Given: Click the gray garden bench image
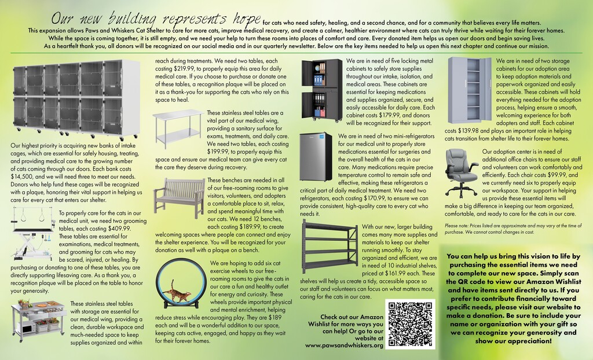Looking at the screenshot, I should point(178,196).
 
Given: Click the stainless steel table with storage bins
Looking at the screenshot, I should point(38,317).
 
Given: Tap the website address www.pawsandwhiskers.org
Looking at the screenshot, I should point(344,345).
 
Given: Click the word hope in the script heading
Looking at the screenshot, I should point(237,17).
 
